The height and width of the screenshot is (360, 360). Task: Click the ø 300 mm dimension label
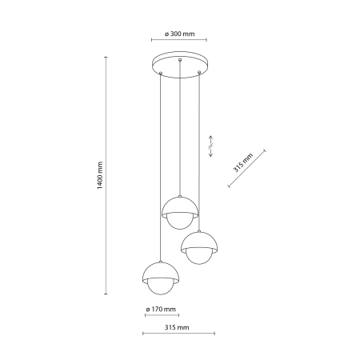[x=179, y=34]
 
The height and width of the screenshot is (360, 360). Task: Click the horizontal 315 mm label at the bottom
[x=176, y=327]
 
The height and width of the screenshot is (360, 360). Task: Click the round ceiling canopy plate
[x=180, y=62]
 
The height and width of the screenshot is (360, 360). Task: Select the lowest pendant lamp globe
[x=160, y=277]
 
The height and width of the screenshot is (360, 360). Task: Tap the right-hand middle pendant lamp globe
[x=198, y=247]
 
